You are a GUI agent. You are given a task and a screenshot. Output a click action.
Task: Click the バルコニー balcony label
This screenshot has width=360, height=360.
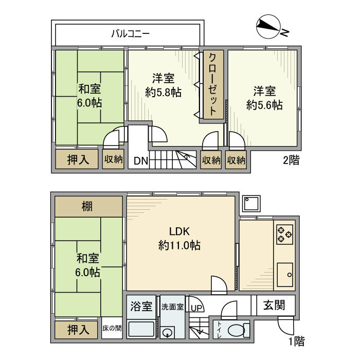131,34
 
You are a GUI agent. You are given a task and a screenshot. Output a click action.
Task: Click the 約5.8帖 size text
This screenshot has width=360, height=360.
163,93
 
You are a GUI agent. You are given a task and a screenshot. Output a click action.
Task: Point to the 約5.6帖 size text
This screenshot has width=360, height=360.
264,105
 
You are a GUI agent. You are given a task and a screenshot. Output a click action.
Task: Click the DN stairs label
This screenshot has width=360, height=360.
141,161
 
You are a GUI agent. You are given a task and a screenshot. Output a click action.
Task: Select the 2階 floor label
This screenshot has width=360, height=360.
291,160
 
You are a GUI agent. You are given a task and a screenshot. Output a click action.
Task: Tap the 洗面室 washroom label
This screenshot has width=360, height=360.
173,307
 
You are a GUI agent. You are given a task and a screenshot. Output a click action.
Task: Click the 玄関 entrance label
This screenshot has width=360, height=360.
276,305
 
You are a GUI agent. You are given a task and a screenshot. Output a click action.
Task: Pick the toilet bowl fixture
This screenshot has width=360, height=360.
236,330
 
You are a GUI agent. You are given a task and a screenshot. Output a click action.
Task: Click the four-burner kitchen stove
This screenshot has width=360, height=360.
284,234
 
